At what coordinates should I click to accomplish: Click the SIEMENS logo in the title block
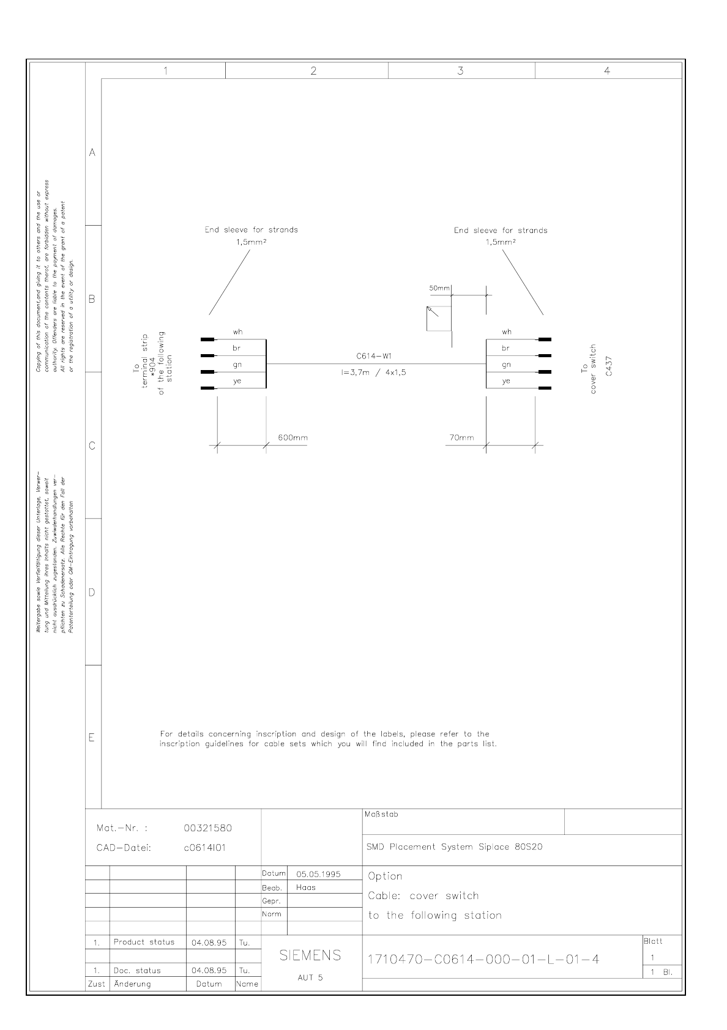[x=310, y=955]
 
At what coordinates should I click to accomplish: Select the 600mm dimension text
[x=293, y=437]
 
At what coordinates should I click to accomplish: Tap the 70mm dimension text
[x=461, y=437]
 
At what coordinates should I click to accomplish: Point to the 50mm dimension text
[x=439, y=287]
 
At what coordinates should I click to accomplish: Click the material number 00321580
[x=207, y=828]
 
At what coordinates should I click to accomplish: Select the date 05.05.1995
[x=318, y=874]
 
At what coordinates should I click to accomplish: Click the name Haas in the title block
[x=305, y=887]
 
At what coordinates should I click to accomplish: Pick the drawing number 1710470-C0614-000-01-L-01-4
[x=483, y=959]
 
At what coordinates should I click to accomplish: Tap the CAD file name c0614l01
[x=205, y=848]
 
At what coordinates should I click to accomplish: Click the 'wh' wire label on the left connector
[x=237, y=332]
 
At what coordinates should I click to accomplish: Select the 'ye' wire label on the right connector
[x=506, y=381]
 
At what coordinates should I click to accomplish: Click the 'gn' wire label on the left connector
[x=237, y=365]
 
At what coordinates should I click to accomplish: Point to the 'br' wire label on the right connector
[x=506, y=348]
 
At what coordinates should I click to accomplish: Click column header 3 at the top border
[x=460, y=70]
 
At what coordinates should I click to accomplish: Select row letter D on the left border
[x=92, y=592]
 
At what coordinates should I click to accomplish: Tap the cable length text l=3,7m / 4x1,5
[x=373, y=372]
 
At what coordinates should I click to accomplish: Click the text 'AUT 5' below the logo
[x=310, y=977]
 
